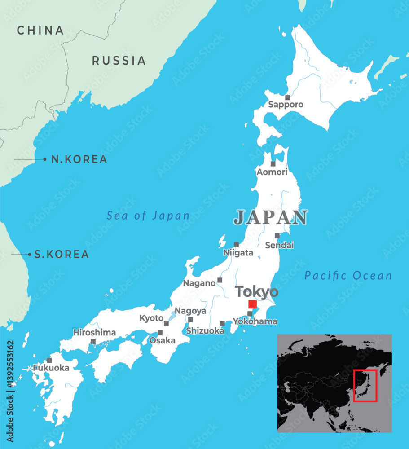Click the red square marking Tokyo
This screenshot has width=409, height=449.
pyautogui.click(x=252, y=304)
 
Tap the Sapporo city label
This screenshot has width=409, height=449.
pyautogui.click(x=286, y=105)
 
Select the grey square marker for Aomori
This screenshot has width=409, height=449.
pyautogui.click(x=273, y=164)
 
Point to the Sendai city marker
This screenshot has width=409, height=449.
pyautogui.click(x=277, y=236)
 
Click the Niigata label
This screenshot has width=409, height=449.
pyautogui.click(x=238, y=253)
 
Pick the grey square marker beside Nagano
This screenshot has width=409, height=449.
pyautogui.click(x=220, y=280)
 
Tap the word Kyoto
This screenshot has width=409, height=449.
pyautogui.click(x=151, y=318)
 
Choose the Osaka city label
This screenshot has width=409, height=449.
pyautogui.click(x=162, y=341)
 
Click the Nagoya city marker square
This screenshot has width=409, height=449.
pyautogui.click(x=190, y=320)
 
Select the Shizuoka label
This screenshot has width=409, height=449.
pyautogui.click(x=205, y=331)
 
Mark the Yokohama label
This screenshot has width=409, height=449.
pyautogui.click(x=255, y=321)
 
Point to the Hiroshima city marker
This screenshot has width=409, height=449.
pyautogui.click(x=93, y=342)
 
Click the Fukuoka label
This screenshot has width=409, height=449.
pyautogui.click(x=51, y=368)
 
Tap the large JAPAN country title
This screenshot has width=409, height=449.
pyautogui.click(x=271, y=217)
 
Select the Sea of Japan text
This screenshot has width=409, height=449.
pyautogui.click(x=148, y=216)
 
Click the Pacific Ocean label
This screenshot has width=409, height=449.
pyautogui.click(x=348, y=275)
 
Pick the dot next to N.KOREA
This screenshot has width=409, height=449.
pyautogui.click(x=45, y=159)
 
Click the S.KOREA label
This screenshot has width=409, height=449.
pyautogui.click(x=62, y=255)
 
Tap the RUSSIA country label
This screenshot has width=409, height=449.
pyautogui.click(x=119, y=61)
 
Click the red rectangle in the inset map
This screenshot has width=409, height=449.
pyautogui.click(x=365, y=386)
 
